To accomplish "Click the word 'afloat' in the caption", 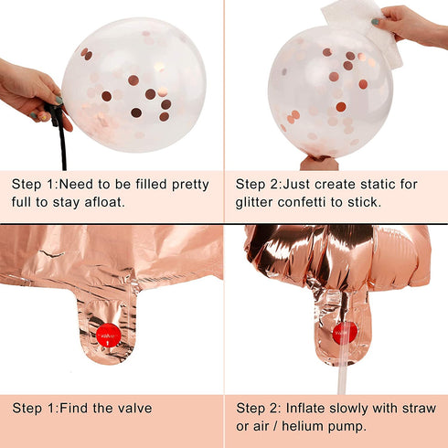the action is point(104,202).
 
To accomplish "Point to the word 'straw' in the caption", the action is point(419,408).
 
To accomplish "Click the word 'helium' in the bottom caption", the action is point(300,426).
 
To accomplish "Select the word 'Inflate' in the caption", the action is point(304,408).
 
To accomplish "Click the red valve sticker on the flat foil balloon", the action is point(108,336).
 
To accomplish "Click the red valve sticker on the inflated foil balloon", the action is point(345,333).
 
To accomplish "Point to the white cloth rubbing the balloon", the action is point(363,29).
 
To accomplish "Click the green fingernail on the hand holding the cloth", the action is point(376,22).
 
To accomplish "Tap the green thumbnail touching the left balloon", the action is point(59,100).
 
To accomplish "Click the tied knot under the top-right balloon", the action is point(319,163).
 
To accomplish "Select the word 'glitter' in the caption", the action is point(254,202).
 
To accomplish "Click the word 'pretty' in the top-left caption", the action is point(190,185).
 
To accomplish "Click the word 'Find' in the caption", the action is point(74,408).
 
